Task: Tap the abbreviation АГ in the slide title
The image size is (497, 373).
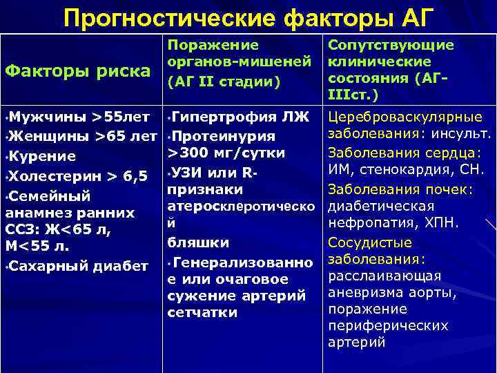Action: point(416,17)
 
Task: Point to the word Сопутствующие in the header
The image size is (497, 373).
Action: point(391,45)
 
